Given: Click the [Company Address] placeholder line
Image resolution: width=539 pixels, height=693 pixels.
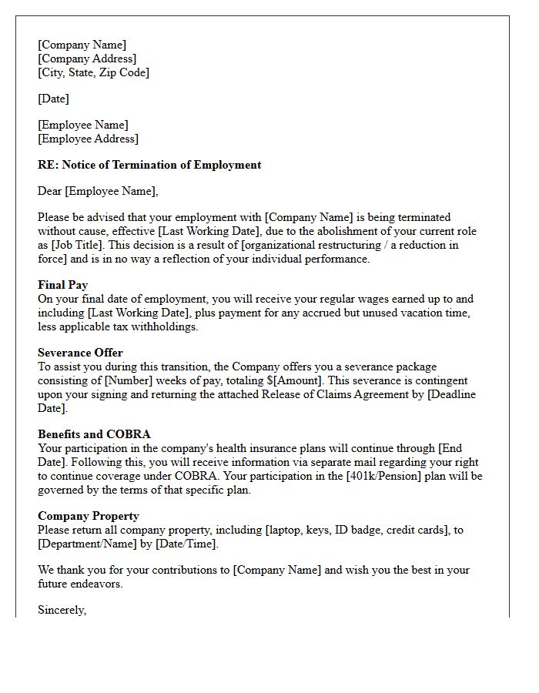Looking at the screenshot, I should click(87, 59).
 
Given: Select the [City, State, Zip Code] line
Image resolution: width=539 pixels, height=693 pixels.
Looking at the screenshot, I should click(93, 72).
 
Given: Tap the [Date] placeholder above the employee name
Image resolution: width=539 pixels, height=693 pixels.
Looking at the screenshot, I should click(53, 99).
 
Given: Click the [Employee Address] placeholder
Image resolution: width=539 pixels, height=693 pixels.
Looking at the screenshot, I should click(88, 139).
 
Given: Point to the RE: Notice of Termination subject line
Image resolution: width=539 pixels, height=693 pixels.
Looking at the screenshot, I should click(149, 165).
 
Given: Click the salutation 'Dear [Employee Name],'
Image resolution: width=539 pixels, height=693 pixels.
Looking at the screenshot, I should click(98, 191).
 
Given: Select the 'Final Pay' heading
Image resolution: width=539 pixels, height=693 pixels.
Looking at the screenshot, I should click(62, 285).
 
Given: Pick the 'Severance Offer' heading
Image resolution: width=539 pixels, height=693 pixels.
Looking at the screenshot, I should click(80, 353).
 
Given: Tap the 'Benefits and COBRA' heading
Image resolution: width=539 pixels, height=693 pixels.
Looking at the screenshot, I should click(94, 434).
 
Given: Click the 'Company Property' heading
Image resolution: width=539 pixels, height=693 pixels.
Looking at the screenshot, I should click(89, 516).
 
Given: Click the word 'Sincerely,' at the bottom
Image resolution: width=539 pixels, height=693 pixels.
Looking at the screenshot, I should click(62, 610).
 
